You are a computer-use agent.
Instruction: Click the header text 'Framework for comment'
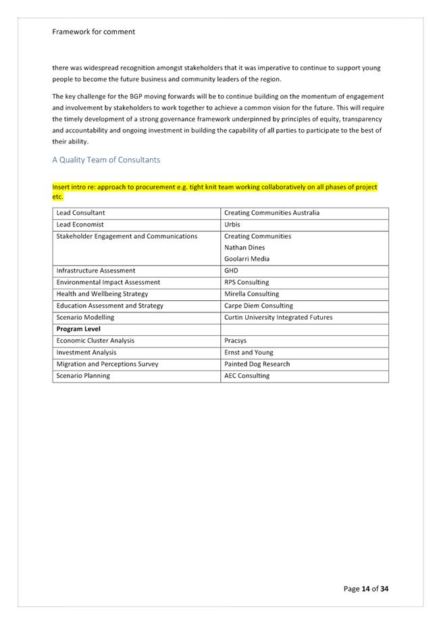click(93, 32)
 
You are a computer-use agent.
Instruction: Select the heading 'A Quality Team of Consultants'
click(106, 160)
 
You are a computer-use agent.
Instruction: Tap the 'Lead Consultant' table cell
click(80, 213)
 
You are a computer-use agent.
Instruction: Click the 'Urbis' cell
click(232, 224)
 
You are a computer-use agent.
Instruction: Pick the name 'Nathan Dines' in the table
click(244, 247)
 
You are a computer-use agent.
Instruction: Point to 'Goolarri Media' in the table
click(247, 259)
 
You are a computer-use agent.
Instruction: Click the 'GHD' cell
click(231, 270)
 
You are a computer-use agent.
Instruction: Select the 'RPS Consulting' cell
click(247, 282)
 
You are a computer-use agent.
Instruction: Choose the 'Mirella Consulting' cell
click(251, 294)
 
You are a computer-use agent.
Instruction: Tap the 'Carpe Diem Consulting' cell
click(259, 306)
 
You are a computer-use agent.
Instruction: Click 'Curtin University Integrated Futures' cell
click(278, 317)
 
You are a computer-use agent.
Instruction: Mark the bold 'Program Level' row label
click(78, 329)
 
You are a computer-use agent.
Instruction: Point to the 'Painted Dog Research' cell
click(257, 364)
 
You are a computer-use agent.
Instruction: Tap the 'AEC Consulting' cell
click(247, 376)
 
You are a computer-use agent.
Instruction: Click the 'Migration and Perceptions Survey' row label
click(107, 364)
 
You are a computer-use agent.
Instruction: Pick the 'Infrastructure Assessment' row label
click(95, 270)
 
